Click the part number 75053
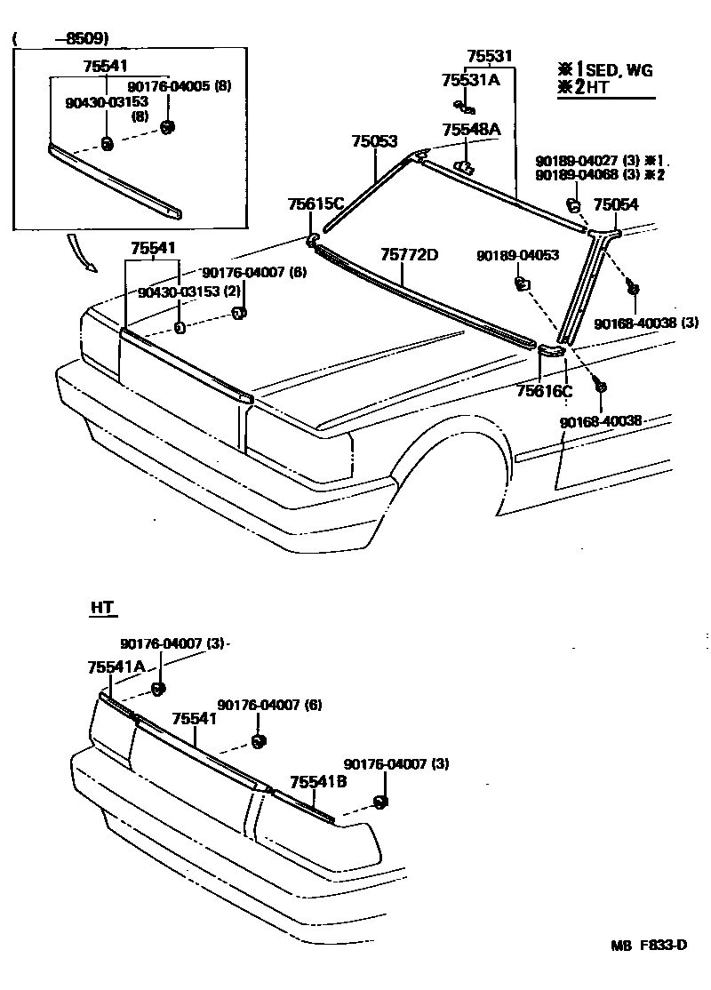[x=373, y=141]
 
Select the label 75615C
[x=315, y=204]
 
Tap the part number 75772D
[x=410, y=256]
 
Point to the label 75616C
[x=545, y=390]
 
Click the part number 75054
[x=616, y=204]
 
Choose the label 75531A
[x=471, y=80]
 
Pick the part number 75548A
[x=471, y=130]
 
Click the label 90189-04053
[x=517, y=255]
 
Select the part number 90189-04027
[x=579, y=161]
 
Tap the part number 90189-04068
[x=579, y=174]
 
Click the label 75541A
[x=116, y=667]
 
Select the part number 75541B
[x=317, y=782]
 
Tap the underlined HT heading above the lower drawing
[x=103, y=609]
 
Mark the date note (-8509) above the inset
[x=60, y=39]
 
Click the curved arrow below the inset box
[x=78, y=251]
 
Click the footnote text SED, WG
[x=620, y=71]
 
